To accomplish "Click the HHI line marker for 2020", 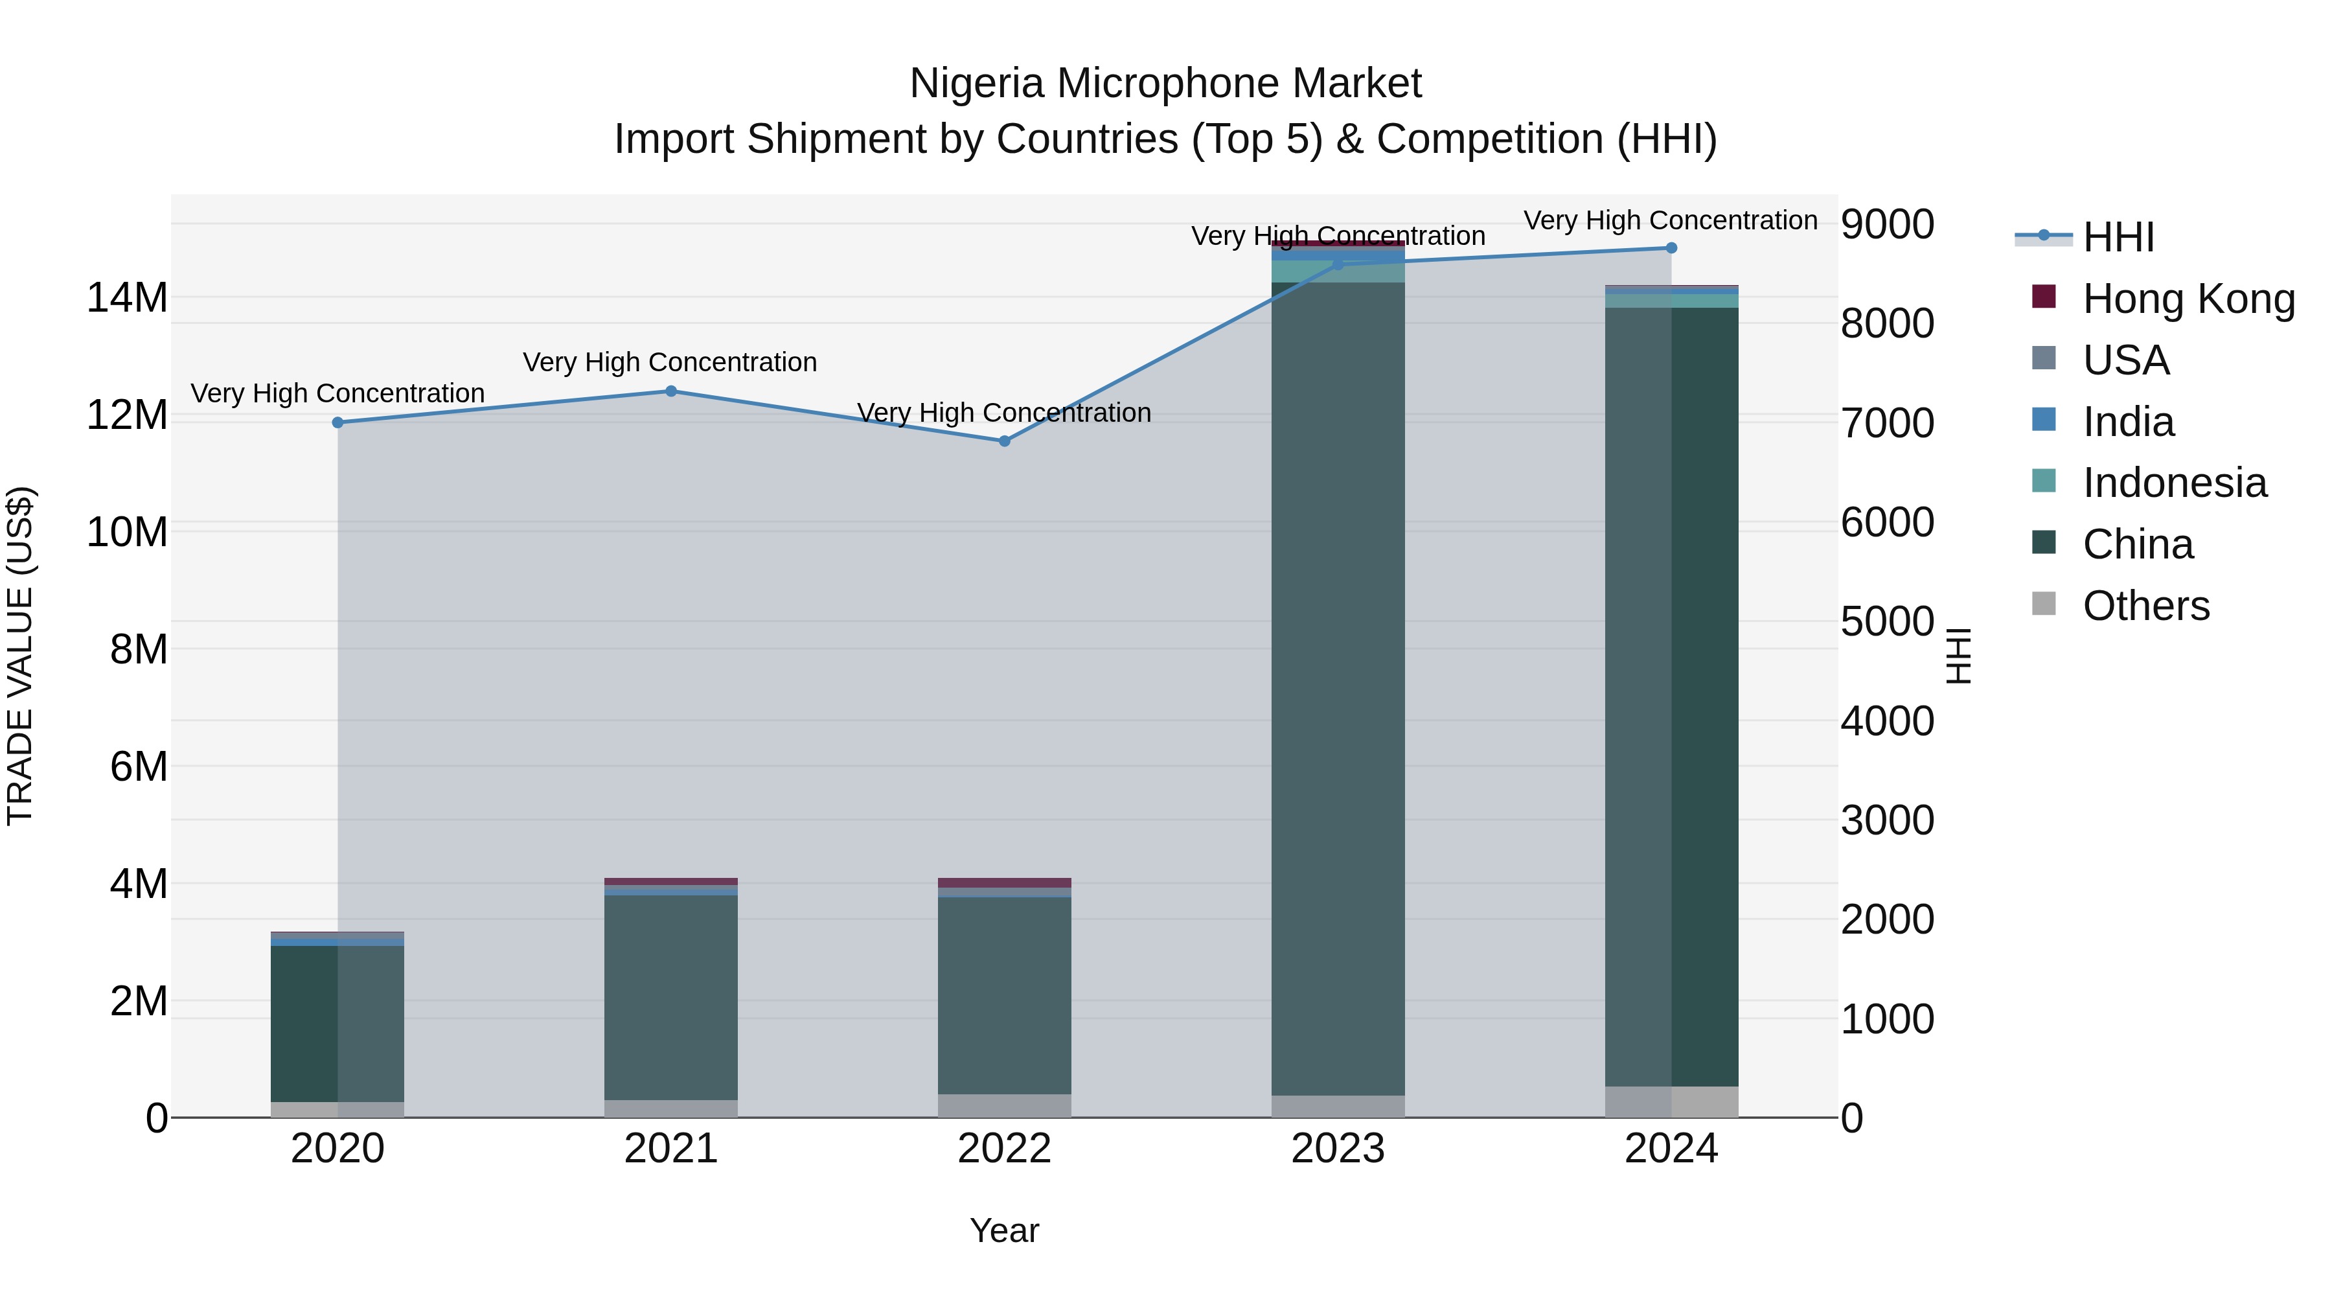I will click(337, 422).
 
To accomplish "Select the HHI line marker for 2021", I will click(671, 391).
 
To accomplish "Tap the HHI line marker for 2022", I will click(1004, 441).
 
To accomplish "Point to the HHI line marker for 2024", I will click(1671, 248).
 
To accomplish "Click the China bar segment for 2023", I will click(1338, 688).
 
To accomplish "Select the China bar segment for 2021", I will click(671, 996).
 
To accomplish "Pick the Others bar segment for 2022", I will click(1004, 1105).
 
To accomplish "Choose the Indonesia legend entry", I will click(2173, 483).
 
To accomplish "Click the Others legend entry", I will click(2145, 606).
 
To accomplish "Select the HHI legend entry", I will click(2118, 237).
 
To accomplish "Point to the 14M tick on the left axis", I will click(127, 298).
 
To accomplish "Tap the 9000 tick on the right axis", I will click(1888, 225).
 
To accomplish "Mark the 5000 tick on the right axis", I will click(1888, 622).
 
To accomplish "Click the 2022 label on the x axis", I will click(1004, 1149).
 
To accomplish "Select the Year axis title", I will click(1004, 1230).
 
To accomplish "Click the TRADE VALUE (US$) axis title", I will click(20, 656).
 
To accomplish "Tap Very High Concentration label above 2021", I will click(670, 362).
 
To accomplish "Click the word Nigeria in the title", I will click(977, 84).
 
